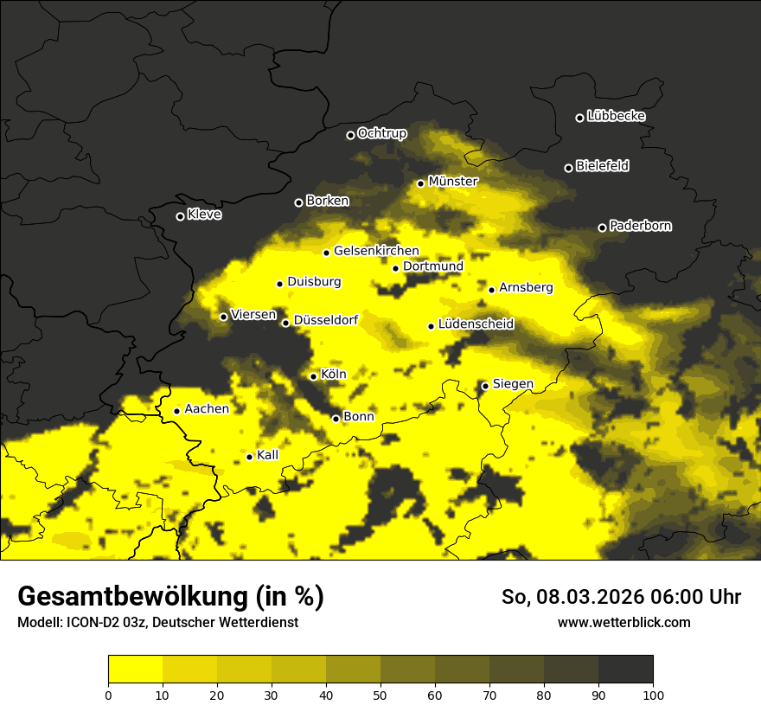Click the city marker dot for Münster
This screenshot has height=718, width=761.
pyautogui.click(x=420, y=183)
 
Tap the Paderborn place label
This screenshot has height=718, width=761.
pyautogui.click(x=640, y=226)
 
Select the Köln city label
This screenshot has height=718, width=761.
pyautogui.click(x=333, y=375)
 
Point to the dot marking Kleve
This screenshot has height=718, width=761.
pyautogui.click(x=180, y=216)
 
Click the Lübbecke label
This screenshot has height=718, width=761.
pyautogui.click(x=616, y=116)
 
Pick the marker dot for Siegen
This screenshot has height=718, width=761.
pyautogui.click(x=485, y=386)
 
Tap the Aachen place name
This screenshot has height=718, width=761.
pyautogui.click(x=207, y=409)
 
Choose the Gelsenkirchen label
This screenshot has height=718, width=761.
pyautogui.click(x=376, y=251)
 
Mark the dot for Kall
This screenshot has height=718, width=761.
pyautogui.click(x=249, y=457)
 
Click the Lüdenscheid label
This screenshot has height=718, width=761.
pyautogui.click(x=476, y=324)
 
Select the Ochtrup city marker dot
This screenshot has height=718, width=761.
pyautogui.click(x=350, y=135)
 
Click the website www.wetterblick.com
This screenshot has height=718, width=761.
pyautogui.click(x=624, y=622)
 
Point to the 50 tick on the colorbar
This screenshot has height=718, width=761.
pyautogui.click(x=380, y=694)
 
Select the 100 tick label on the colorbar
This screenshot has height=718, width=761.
pyautogui.click(x=653, y=694)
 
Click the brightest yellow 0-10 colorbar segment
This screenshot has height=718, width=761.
pyautogui.click(x=135, y=670)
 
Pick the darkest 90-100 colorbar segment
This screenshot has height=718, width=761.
pyautogui.click(x=625, y=670)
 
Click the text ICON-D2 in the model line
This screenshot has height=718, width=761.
pyautogui.click(x=85, y=622)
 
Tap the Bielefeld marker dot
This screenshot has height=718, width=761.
pyautogui.click(x=568, y=168)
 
